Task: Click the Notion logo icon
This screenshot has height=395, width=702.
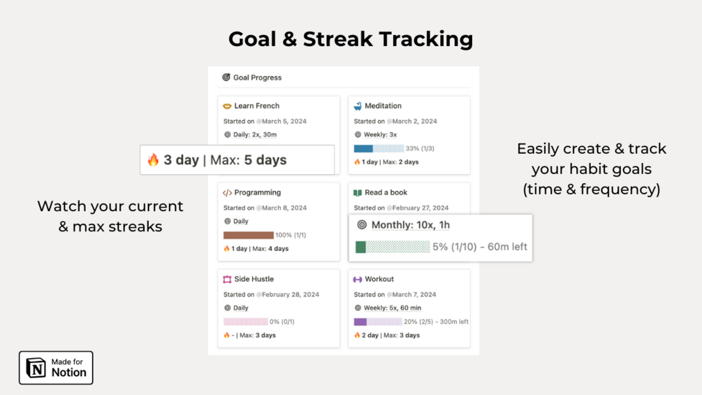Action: click(x=36, y=368)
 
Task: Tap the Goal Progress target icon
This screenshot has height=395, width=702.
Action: click(x=226, y=78)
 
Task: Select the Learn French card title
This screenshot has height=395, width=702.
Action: click(x=256, y=106)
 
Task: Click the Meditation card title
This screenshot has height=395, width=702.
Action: click(x=383, y=106)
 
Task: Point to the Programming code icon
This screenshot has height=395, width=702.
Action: click(x=228, y=192)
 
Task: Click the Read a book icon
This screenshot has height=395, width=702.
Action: click(x=357, y=192)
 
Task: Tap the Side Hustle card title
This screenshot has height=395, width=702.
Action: click(x=254, y=279)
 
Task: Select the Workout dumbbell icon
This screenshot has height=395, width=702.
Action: click(x=357, y=280)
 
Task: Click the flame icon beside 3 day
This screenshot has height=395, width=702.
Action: click(x=153, y=160)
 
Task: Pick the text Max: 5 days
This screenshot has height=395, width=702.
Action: click(x=248, y=160)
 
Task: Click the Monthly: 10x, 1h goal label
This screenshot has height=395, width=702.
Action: click(x=411, y=225)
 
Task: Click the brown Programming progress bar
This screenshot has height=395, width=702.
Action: click(x=249, y=235)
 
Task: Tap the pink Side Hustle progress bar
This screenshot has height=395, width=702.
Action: click(x=245, y=322)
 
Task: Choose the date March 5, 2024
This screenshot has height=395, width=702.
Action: click(x=284, y=122)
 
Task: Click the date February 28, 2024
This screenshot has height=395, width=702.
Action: click(x=290, y=295)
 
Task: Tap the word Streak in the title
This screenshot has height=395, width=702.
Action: click(x=337, y=39)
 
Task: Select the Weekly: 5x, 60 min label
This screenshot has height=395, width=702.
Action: click(x=392, y=308)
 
